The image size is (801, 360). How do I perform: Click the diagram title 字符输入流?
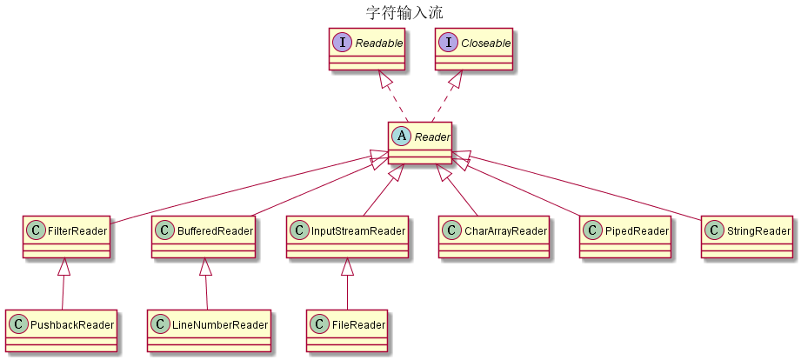pos(399,12)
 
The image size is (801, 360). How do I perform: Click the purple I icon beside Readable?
pos(343,41)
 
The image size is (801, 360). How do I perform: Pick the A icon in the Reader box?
pos(401,135)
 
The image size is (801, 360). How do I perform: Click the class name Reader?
pos(431,136)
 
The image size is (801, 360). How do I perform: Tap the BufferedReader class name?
pos(214,231)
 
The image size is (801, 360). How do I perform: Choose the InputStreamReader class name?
pos(357,231)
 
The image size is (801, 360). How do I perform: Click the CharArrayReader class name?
pos(504,231)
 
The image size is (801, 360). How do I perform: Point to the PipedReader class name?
pos(637,231)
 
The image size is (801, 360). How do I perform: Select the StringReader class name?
pos(758,231)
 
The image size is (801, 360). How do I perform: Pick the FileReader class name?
pos(357,325)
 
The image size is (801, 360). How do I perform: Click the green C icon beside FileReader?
pos(321,325)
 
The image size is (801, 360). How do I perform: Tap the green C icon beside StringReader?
pos(715,231)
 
